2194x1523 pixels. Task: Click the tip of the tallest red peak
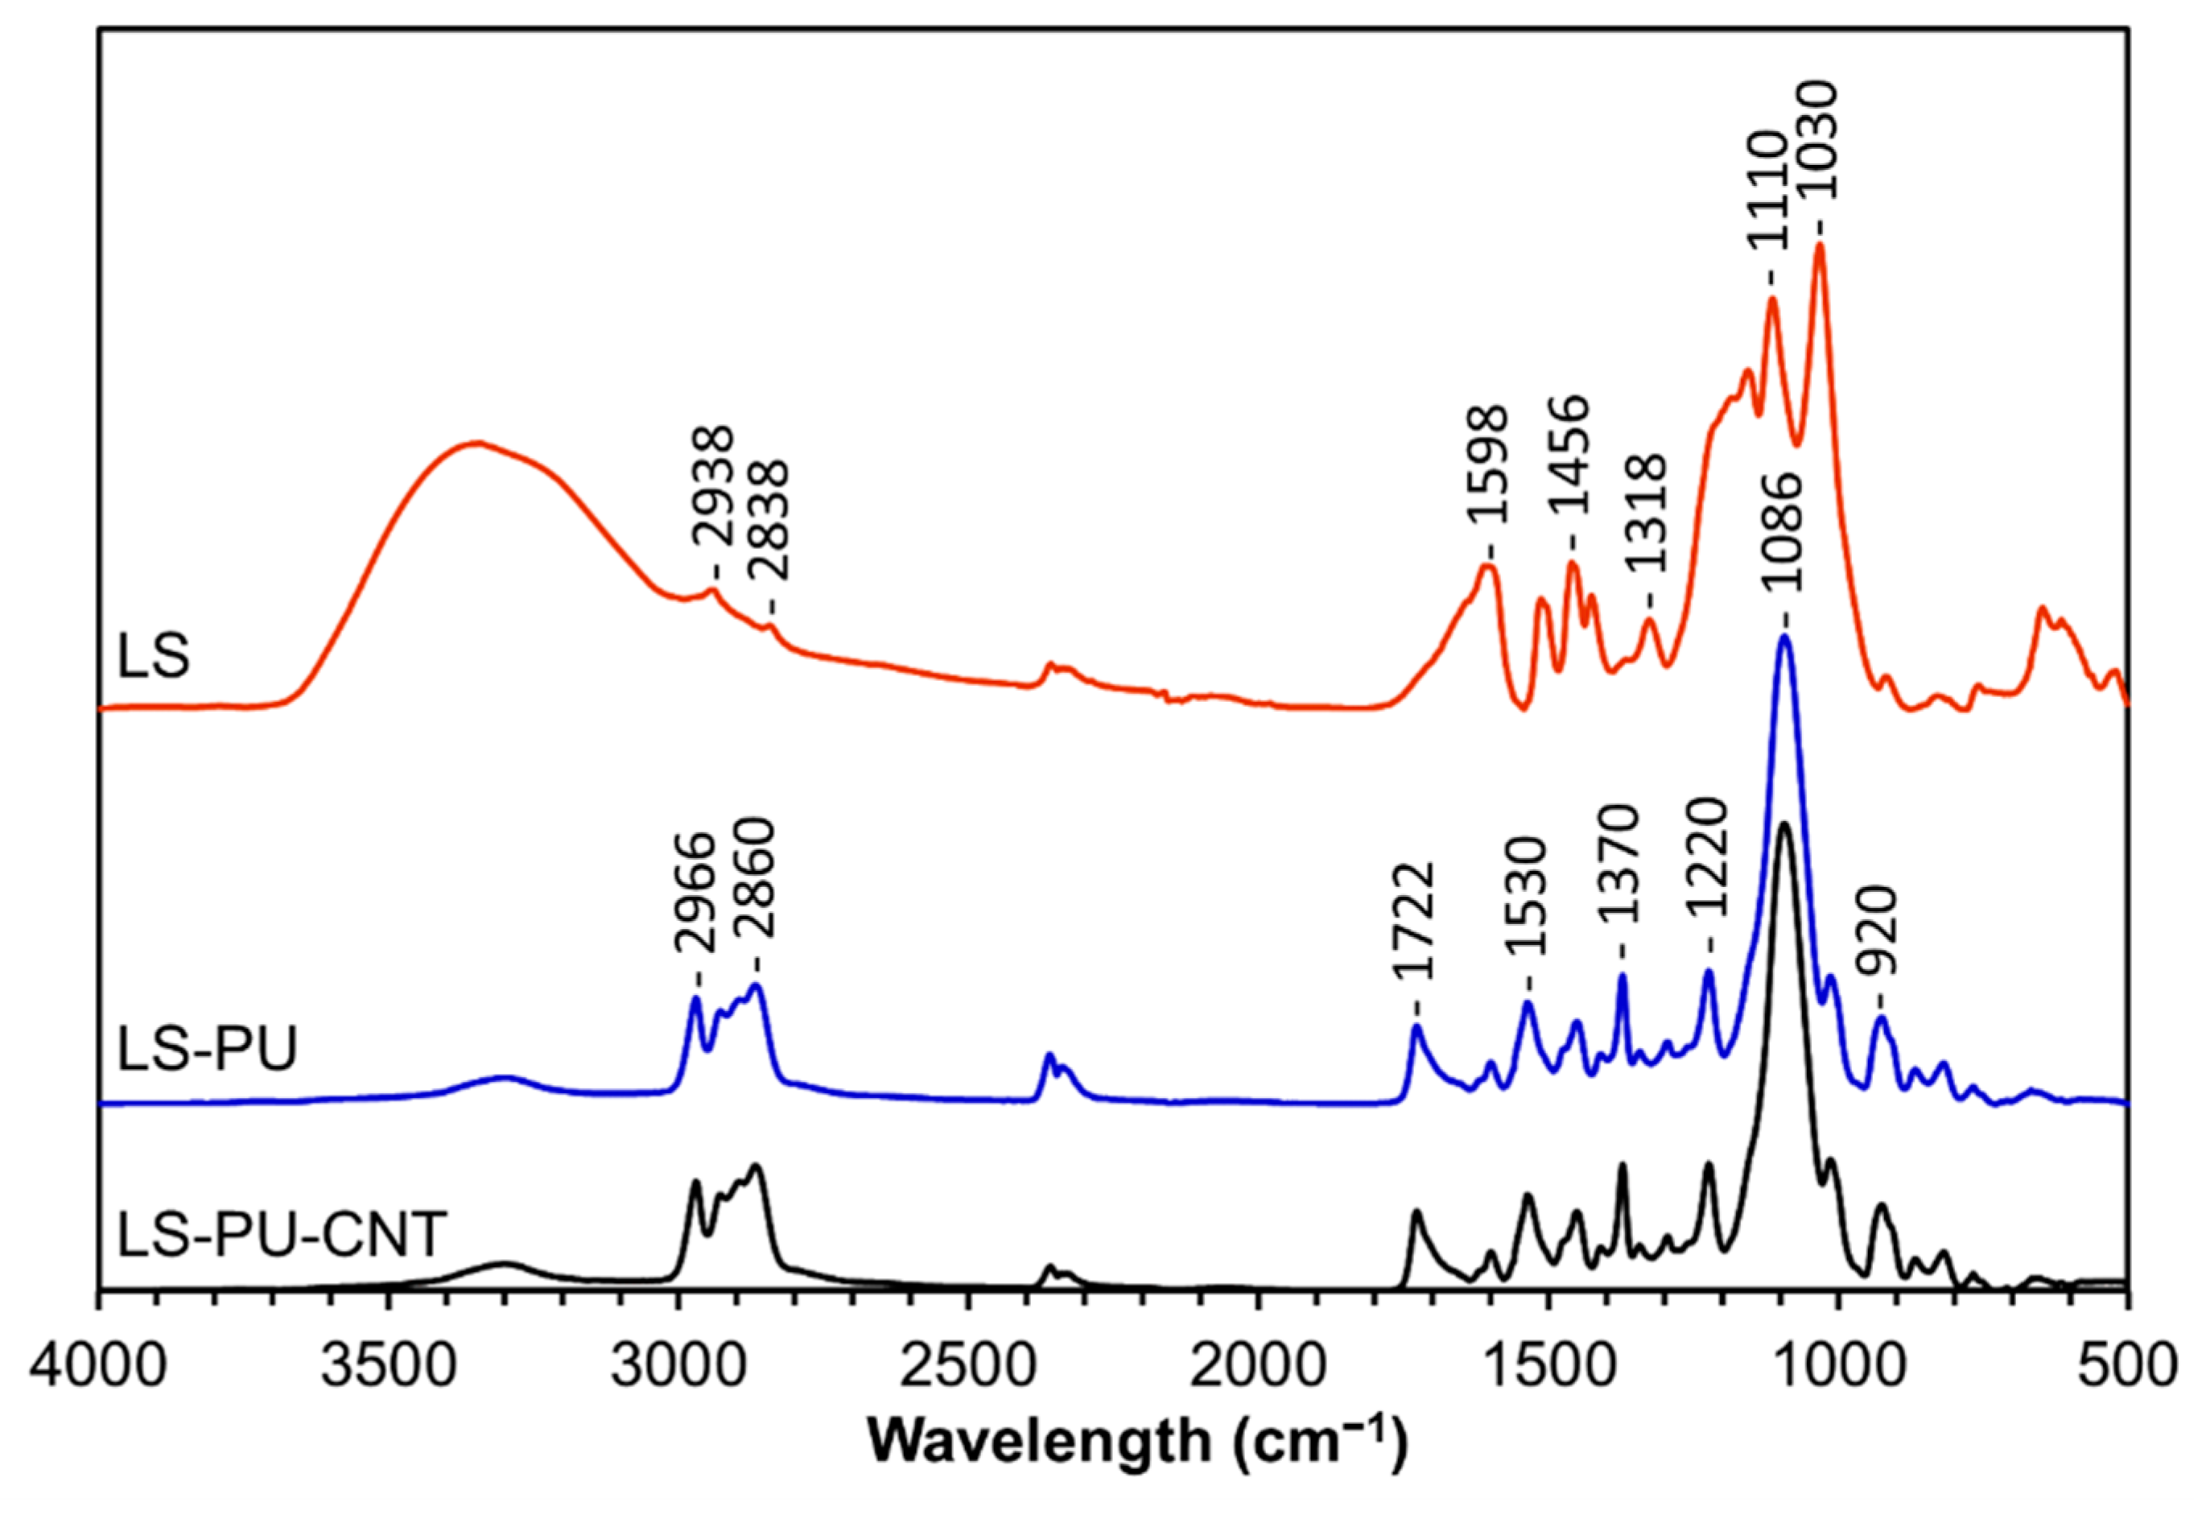tap(1818, 246)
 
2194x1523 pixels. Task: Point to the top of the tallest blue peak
tap(1783, 636)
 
